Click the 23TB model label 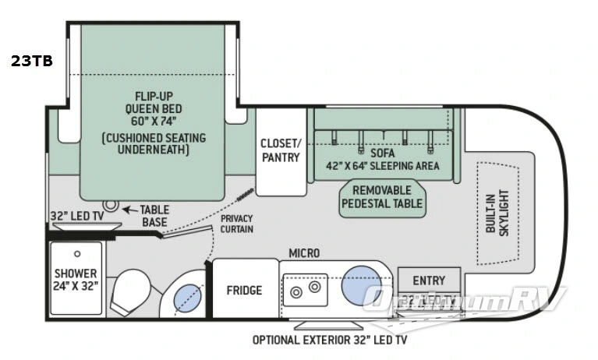pyautogui.click(x=32, y=62)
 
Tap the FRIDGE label pyautogui.click(x=244, y=291)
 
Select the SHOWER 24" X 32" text pyautogui.click(x=76, y=280)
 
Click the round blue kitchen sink pyautogui.click(x=360, y=284)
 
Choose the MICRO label pyautogui.click(x=303, y=254)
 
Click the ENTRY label pyautogui.click(x=429, y=281)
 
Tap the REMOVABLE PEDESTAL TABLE pyautogui.click(x=382, y=197)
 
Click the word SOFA pyautogui.click(x=383, y=153)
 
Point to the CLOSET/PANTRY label pyautogui.click(x=280, y=150)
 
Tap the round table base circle pyautogui.click(x=111, y=206)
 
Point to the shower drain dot pyautogui.click(x=78, y=254)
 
